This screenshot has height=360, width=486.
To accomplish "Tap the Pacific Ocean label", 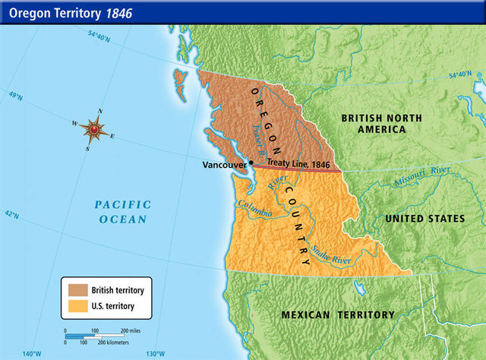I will click(x=122, y=211).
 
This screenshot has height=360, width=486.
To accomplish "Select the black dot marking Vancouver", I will click(x=251, y=163).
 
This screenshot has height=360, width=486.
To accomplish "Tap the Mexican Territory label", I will click(x=338, y=314).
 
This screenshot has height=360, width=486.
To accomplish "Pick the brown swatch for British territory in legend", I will click(x=77, y=290).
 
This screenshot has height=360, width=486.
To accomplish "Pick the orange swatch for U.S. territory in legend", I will click(x=77, y=306).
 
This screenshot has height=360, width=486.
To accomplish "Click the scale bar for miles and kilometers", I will click(x=99, y=335).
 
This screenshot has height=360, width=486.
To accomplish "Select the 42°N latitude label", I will click(x=11, y=214).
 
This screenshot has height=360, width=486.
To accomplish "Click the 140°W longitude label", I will click(x=33, y=354).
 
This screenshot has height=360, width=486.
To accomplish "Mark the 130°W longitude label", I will click(x=156, y=354).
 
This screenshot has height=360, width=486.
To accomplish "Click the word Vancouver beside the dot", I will click(x=224, y=164).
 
